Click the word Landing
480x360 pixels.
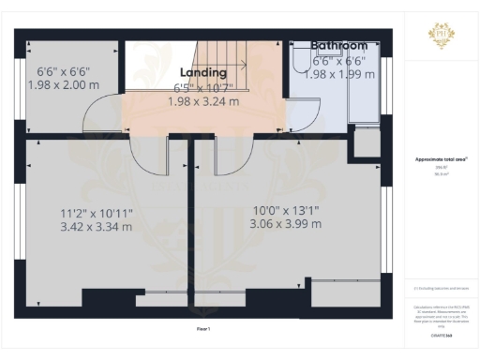click(x=203, y=72)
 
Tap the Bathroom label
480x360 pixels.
click(x=338, y=44)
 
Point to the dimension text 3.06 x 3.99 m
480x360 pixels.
click(x=286, y=224)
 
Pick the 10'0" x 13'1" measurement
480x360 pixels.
click(x=286, y=210)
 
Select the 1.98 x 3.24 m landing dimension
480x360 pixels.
click(x=203, y=101)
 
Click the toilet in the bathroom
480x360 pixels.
click(x=300, y=61)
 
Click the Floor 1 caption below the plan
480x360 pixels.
click(x=203, y=329)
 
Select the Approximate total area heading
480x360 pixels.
click(x=441, y=160)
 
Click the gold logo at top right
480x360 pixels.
click(x=442, y=35)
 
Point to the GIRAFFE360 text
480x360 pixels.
click(x=441, y=334)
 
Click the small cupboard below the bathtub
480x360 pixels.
click(x=365, y=141)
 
